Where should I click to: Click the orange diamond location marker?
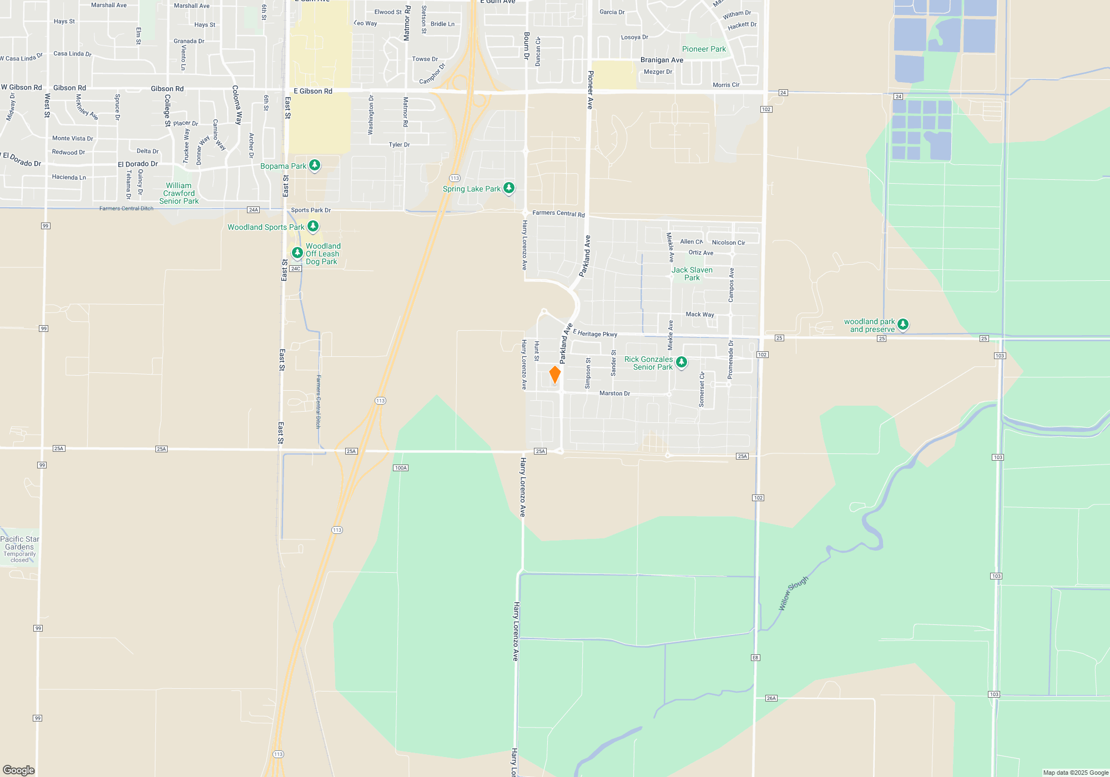click(554, 375)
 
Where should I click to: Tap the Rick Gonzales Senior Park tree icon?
click(682, 362)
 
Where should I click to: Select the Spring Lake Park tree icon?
click(508, 188)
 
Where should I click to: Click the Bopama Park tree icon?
click(315, 165)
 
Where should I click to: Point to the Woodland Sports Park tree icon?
click(313, 226)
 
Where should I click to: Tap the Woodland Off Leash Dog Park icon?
click(297, 253)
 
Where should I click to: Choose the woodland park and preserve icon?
click(903, 324)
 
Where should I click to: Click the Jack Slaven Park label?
click(692, 274)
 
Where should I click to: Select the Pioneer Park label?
click(704, 49)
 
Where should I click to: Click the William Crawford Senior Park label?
click(179, 193)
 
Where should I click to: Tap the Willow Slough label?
click(794, 593)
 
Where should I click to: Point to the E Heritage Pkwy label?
click(595, 333)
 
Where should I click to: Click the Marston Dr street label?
click(614, 393)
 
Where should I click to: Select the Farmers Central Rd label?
click(558, 213)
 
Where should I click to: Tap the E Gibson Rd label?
click(313, 91)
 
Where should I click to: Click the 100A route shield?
click(401, 468)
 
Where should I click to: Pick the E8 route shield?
click(755, 658)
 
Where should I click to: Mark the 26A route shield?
click(771, 698)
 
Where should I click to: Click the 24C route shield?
click(295, 269)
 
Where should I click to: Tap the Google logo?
click(19, 770)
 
